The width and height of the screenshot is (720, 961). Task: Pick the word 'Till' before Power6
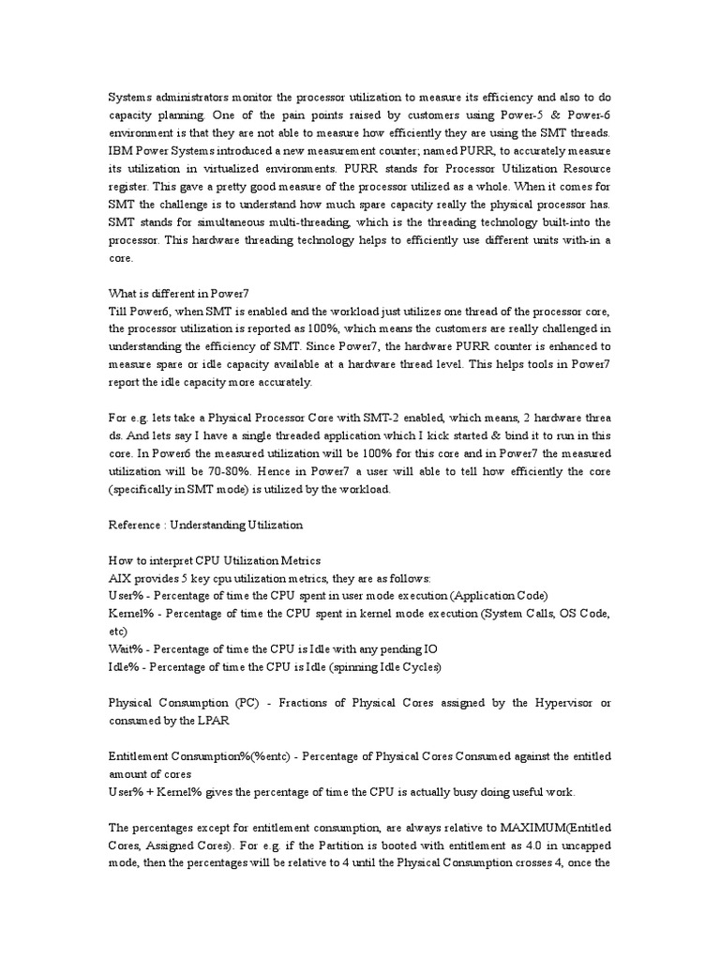pos(119,311)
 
